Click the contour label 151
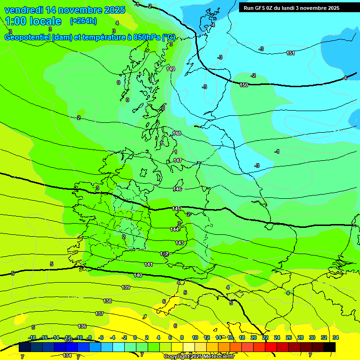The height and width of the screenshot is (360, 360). tap(291, 53)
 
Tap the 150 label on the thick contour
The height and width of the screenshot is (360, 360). tap(244, 85)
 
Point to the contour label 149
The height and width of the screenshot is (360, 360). tap(171, 69)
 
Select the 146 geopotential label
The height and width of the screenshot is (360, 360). tap(177, 189)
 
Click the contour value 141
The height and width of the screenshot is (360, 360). tap(149, 265)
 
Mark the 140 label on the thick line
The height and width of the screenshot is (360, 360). tap(138, 275)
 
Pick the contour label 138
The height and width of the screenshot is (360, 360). tap(107, 301)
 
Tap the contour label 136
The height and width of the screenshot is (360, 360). tap(82, 326)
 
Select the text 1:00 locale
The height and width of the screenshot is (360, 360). tap(33, 21)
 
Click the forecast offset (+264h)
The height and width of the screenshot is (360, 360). tap(83, 21)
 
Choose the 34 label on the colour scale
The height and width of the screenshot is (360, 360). tap(336, 337)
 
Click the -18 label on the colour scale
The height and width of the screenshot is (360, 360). tap(32, 337)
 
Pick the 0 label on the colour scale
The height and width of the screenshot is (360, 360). tap(135, 337)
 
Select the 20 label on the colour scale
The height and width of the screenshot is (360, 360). tap(253, 337)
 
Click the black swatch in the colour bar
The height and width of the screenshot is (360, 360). tap(330, 347)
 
